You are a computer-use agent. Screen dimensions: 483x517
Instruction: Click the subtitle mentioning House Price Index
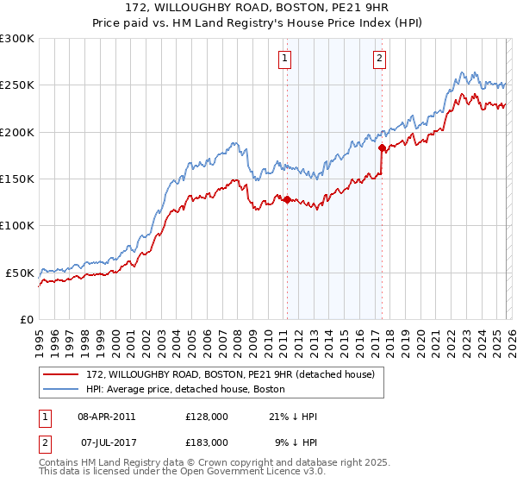(258, 24)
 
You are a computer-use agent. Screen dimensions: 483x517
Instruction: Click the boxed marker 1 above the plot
(285, 59)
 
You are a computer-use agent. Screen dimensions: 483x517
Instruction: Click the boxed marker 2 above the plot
(380, 59)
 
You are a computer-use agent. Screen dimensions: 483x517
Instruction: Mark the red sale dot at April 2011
(286, 200)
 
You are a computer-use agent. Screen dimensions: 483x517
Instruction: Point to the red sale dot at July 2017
(382, 148)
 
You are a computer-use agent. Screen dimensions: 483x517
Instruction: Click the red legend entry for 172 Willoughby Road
(229, 375)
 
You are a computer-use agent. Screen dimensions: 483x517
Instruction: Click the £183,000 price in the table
(206, 442)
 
